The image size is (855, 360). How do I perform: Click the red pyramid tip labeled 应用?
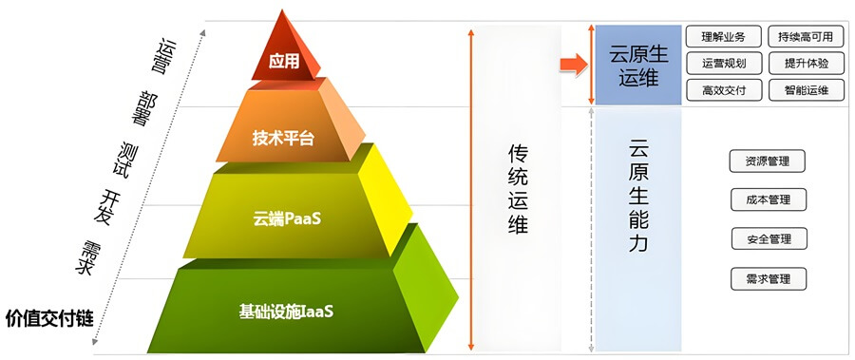click(x=283, y=60)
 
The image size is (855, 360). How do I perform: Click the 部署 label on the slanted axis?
click(x=145, y=107)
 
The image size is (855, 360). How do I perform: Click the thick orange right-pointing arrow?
click(x=572, y=65)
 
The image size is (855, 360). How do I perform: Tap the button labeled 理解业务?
click(x=723, y=38)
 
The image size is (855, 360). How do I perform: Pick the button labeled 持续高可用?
click(x=804, y=38)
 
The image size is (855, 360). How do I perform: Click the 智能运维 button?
click(x=805, y=91)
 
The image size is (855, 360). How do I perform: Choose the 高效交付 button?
click(x=723, y=91)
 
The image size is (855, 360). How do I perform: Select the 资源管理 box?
click(x=768, y=161)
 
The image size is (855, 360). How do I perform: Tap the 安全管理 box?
click(x=768, y=239)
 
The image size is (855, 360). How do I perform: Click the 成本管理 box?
click(x=768, y=200)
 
